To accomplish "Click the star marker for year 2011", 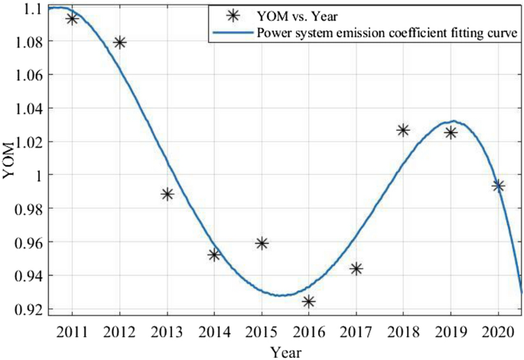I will tap(72, 18).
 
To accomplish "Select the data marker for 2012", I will tap(119, 42).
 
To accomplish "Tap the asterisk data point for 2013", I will tap(167, 194).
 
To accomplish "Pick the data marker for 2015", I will tap(262, 243).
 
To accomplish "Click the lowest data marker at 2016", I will tap(309, 302).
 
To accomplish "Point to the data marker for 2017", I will tap(356, 268).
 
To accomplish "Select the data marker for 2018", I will tap(403, 130).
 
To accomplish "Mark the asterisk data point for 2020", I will tap(498, 186).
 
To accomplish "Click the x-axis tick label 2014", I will tap(214, 330).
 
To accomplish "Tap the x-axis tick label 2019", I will tap(451, 330).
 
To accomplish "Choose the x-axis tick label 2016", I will tap(309, 330).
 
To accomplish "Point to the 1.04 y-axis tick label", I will tap(28, 109).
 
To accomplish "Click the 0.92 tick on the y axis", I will tap(28, 310).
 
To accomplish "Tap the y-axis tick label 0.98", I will tap(28, 209).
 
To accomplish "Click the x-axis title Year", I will tap(285, 351).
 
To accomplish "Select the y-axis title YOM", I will tap(8, 161).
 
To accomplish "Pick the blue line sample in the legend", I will tap(231, 33).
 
